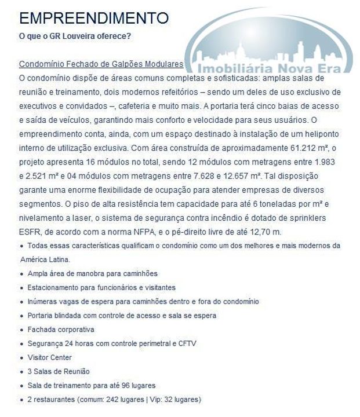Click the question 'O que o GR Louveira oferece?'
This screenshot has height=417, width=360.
click(x=75, y=36)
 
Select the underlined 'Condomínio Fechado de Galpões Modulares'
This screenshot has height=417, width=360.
click(x=101, y=64)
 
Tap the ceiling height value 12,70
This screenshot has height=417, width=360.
click(x=255, y=232)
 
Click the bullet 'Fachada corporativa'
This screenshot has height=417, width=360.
click(x=60, y=330)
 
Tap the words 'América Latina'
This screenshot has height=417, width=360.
click(x=44, y=259)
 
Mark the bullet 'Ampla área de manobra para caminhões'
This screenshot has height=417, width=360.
click(x=92, y=273)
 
